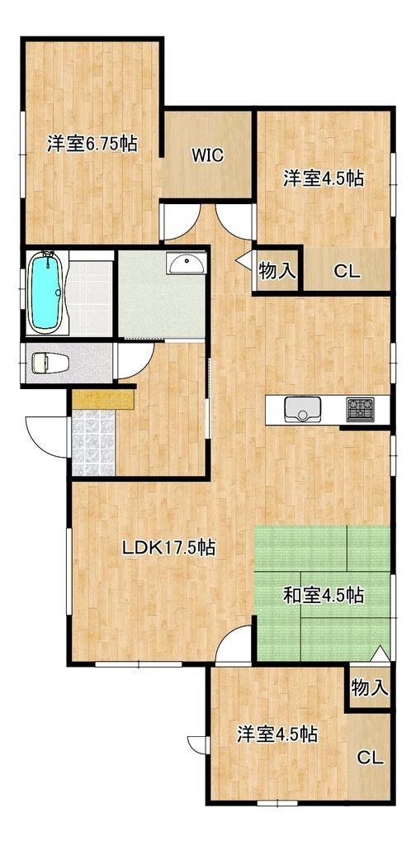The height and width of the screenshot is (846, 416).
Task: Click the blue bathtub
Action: (x=47, y=292)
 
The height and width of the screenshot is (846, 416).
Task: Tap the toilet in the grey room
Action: (x=50, y=363)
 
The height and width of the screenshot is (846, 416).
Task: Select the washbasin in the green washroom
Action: (x=187, y=264)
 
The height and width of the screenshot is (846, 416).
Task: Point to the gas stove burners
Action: (x=361, y=410)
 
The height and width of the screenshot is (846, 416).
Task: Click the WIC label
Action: (x=207, y=156)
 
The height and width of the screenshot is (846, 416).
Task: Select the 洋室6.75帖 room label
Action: (x=91, y=144)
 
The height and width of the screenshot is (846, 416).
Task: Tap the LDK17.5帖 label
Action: (x=168, y=549)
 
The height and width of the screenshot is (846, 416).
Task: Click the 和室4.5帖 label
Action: (x=324, y=596)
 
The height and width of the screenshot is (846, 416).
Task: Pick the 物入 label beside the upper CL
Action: (x=277, y=271)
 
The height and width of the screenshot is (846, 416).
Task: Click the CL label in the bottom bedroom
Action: (x=371, y=758)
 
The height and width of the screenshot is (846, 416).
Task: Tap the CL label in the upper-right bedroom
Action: (x=347, y=272)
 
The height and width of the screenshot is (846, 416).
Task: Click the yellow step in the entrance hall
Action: (x=103, y=399)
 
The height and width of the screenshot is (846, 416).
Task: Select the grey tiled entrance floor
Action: (x=93, y=443)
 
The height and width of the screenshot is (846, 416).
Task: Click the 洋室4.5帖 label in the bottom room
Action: (x=277, y=734)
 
